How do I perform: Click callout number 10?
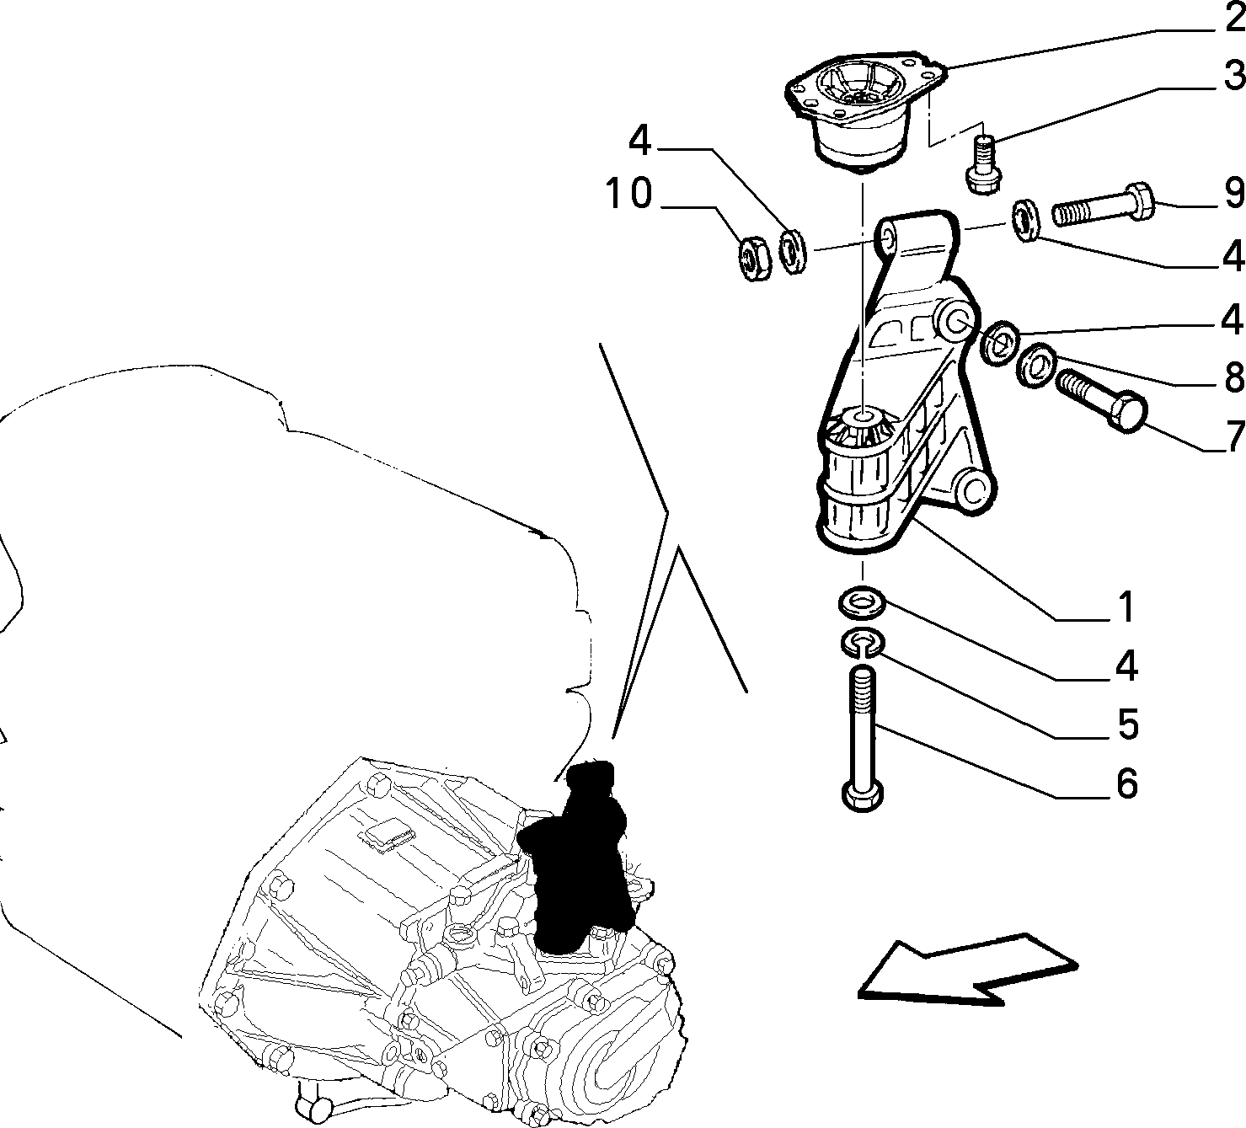point(628,193)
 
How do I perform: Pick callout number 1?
point(1126,607)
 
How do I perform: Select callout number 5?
point(1126,724)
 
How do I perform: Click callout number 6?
point(1126,783)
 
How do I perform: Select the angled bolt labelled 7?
point(1101,401)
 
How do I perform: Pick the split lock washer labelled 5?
point(863,644)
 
